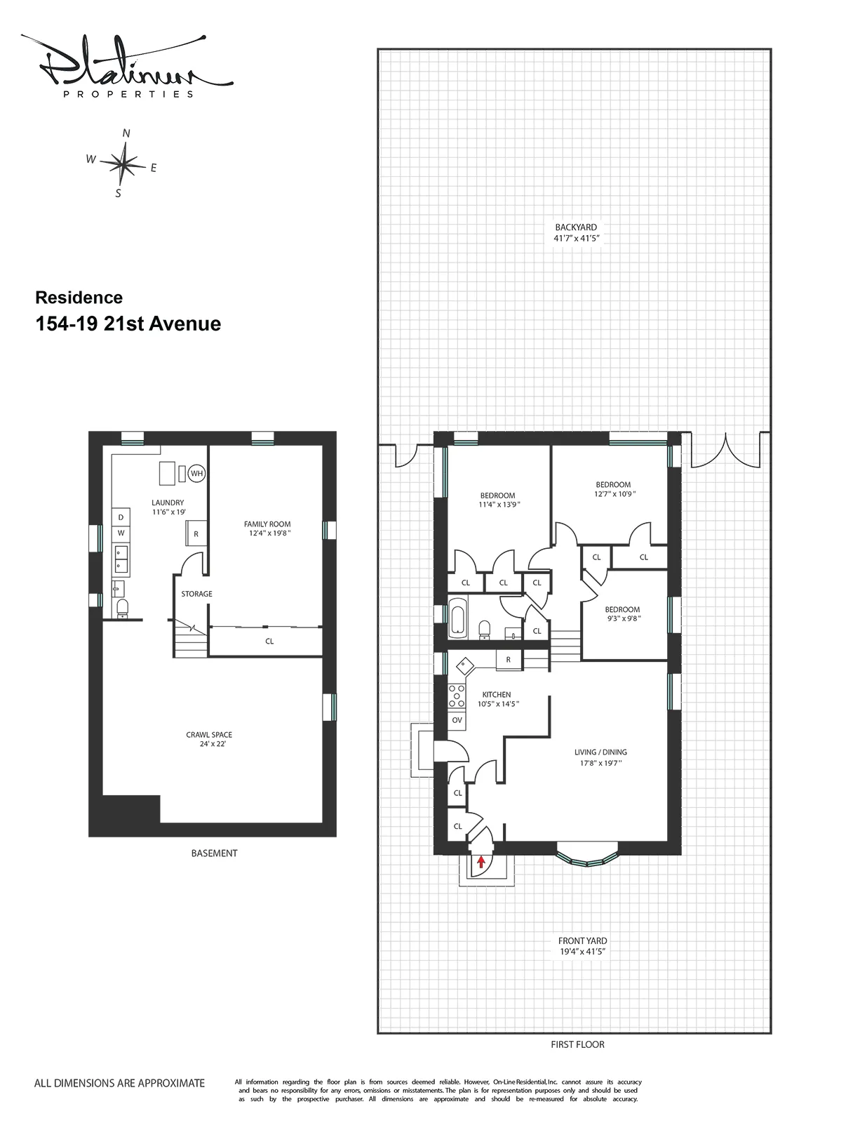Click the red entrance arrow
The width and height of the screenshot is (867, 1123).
480,861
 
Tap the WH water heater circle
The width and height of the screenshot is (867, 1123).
196,473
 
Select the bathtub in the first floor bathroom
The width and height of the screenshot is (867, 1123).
457,618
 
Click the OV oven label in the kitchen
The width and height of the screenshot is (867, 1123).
457,720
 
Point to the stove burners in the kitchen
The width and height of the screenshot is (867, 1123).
457,695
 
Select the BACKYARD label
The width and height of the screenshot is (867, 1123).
576,227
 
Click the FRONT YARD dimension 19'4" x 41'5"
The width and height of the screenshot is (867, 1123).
582,952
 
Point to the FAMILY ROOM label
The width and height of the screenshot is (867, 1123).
267,524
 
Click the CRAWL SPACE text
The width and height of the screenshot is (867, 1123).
209,735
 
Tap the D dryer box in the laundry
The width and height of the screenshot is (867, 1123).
121,517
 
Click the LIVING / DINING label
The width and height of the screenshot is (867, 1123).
600,752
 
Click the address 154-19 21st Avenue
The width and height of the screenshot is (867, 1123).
128,324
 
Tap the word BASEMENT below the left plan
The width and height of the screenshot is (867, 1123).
214,853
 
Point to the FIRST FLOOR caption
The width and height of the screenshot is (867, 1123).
577,1044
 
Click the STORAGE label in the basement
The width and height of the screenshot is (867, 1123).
196,594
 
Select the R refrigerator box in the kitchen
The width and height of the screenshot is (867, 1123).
508,660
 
